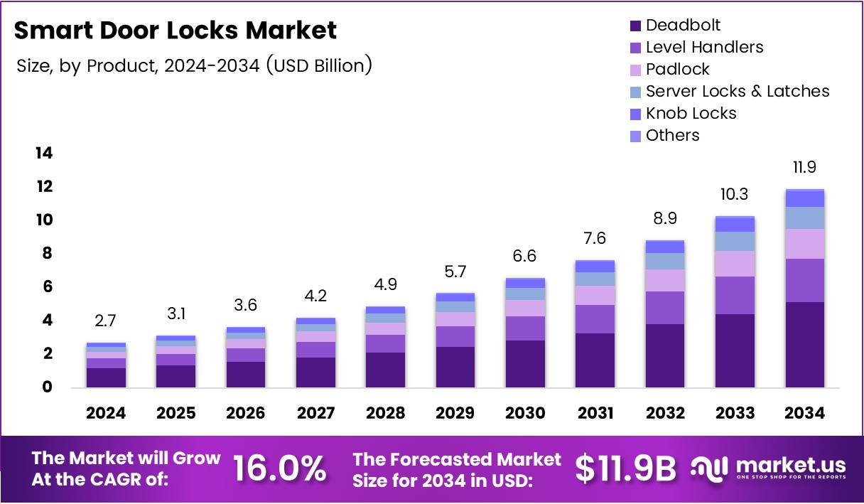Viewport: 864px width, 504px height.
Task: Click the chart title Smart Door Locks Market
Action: tap(175, 31)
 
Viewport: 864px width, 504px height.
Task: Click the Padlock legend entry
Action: tap(677, 70)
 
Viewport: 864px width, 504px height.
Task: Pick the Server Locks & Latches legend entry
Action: tap(737, 92)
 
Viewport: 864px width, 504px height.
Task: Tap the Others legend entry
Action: tap(672, 136)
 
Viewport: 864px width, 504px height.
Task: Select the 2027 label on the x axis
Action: tap(315, 414)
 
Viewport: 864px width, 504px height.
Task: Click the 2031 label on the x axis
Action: tap(595, 414)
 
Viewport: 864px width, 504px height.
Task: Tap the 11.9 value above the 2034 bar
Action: tap(805, 168)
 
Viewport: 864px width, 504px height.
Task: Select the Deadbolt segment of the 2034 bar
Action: tap(805, 344)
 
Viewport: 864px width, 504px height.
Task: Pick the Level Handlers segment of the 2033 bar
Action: tap(735, 295)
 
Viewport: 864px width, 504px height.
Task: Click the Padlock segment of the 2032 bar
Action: tap(665, 280)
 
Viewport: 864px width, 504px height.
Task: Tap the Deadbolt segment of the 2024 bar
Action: tap(106, 377)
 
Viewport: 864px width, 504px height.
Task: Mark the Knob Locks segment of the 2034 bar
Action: tap(805, 198)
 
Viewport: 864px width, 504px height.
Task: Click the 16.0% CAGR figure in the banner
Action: tap(280, 468)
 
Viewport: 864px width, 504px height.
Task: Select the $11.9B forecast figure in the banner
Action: tap(625, 468)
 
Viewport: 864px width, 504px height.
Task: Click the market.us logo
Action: tap(769, 468)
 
